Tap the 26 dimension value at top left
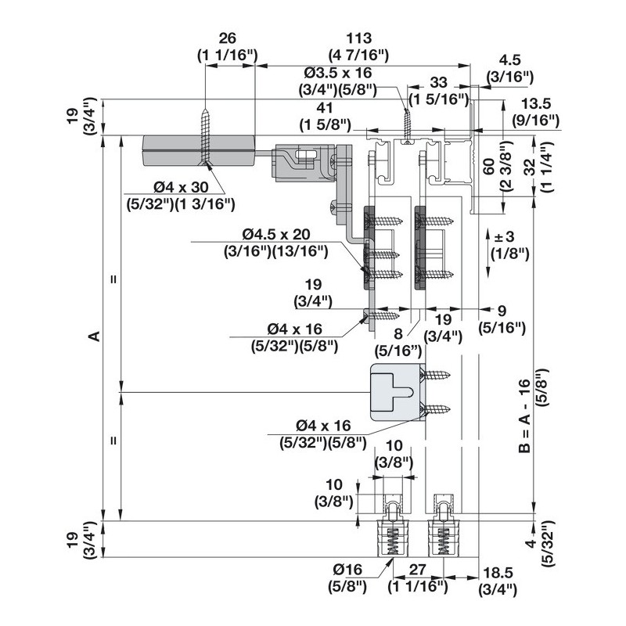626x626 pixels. [228, 38]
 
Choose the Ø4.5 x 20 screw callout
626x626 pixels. [275, 234]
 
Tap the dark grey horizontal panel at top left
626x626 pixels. [197, 149]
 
